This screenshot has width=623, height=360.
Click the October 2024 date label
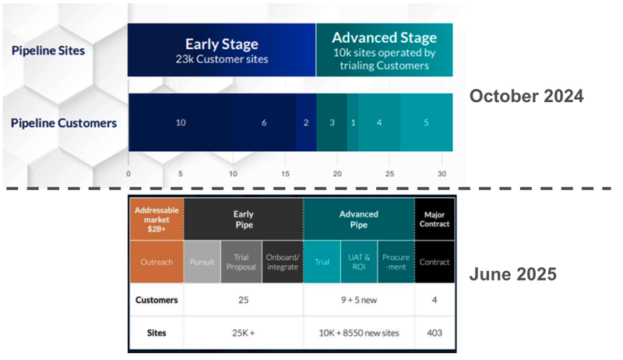526,97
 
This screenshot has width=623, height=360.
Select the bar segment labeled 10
180,123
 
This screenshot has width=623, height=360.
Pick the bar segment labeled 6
264,123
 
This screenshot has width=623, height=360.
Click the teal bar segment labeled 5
426,123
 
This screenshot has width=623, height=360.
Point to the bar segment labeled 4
380,123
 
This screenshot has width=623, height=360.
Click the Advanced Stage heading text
384,37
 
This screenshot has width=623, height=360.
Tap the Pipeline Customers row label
64,122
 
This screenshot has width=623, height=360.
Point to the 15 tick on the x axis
285,174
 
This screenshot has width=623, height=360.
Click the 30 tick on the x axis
442,174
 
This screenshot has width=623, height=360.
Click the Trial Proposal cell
241,262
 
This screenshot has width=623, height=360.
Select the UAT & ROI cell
357,262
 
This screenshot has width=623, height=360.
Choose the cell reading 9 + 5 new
358,299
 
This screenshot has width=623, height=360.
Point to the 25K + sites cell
243,333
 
